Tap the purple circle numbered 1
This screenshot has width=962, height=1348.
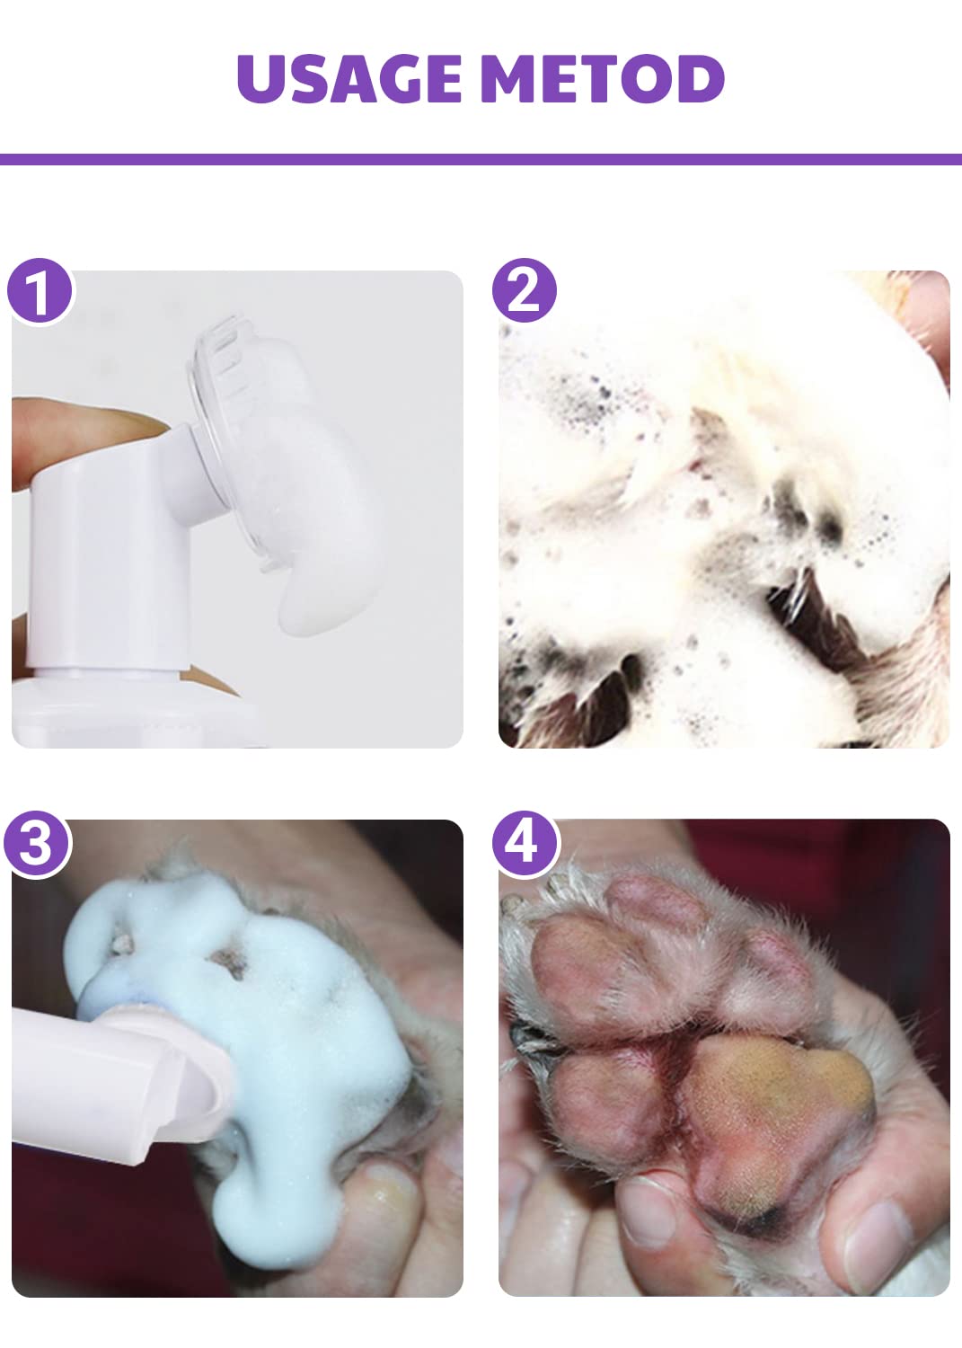pyautogui.click(x=40, y=290)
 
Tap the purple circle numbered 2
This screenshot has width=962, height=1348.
pyautogui.click(x=525, y=290)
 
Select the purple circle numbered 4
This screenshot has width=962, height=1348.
pyautogui.click(x=525, y=844)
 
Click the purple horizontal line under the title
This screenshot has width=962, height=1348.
pyautogui.click(x=481, y=159)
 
